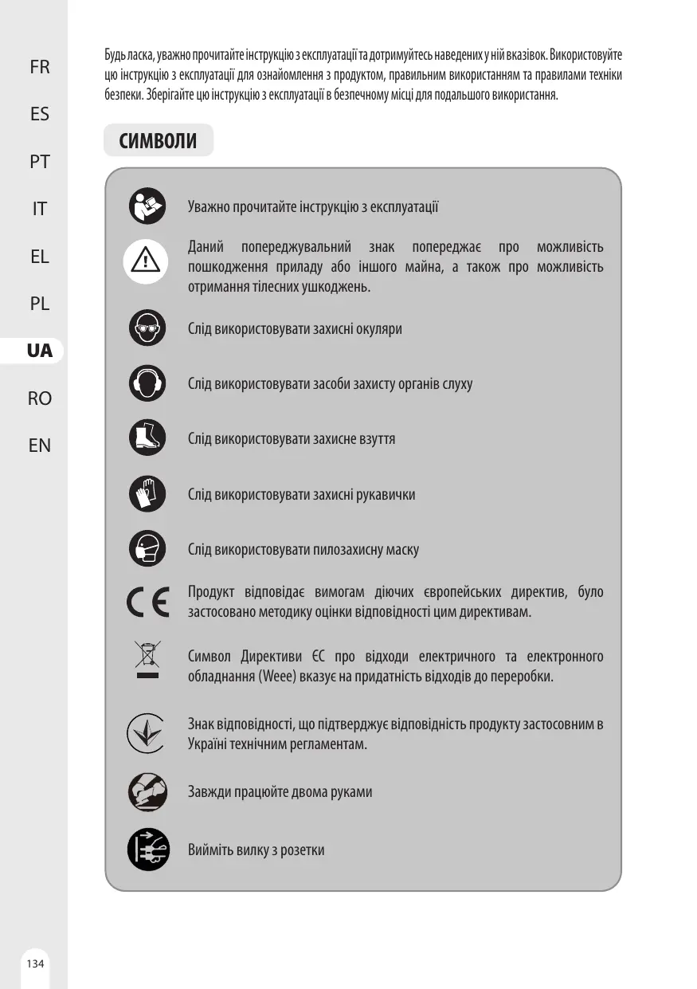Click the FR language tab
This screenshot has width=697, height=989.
pos(39,67)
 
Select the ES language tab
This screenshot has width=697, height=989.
pos(39,114)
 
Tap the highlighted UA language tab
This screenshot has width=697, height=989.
pos(39,351)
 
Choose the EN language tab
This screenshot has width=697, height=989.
pos(39,445)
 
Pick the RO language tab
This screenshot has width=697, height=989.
pos(39,398)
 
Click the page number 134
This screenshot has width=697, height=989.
pos(35,963)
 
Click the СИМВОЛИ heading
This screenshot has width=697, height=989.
pos(158,141)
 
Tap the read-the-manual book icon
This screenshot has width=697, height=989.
pos(147,206)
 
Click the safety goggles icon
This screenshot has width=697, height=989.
pos(147,328)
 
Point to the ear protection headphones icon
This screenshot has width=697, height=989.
pos(147,383)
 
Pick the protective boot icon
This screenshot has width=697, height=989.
pos(147,438)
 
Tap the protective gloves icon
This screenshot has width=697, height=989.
pos(147,494)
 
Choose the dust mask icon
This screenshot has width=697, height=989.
pos(147,549)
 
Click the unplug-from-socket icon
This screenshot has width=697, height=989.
pos(147,850)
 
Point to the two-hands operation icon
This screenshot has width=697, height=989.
pos(147,792)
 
